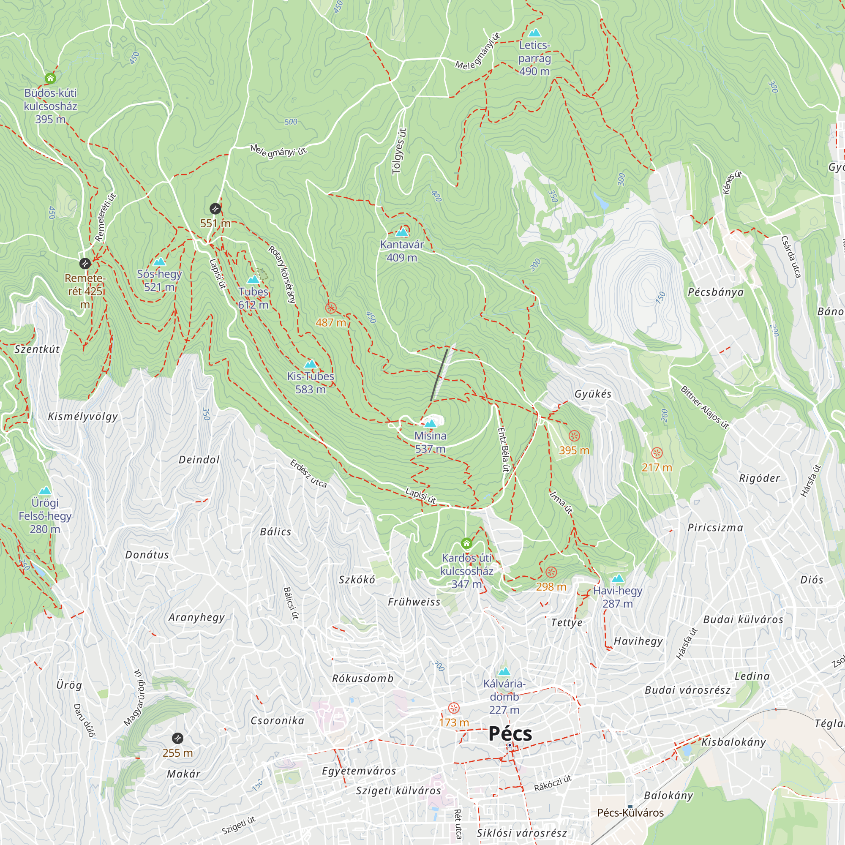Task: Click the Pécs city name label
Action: (510, 733)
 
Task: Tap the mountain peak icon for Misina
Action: (431, 423)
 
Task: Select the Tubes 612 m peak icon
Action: (253, 279)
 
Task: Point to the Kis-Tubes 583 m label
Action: (310, 382)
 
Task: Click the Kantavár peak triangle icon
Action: (401, 232)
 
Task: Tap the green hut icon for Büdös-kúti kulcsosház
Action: (50, 79)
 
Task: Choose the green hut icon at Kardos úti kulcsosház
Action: (466, 544)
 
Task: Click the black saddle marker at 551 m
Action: (215, 209)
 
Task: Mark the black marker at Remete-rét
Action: (85, 263)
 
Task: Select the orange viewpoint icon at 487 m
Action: (331, 308)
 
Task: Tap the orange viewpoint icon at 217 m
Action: (657, 452)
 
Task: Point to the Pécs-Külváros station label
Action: (630, 812)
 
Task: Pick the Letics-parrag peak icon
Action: (534, 33)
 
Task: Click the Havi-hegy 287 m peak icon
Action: (617, 579)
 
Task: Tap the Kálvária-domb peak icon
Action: (504, 671)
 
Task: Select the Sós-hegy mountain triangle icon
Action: (159, 262)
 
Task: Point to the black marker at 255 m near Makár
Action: (177, 738)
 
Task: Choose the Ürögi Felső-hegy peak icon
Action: (45, 491)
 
